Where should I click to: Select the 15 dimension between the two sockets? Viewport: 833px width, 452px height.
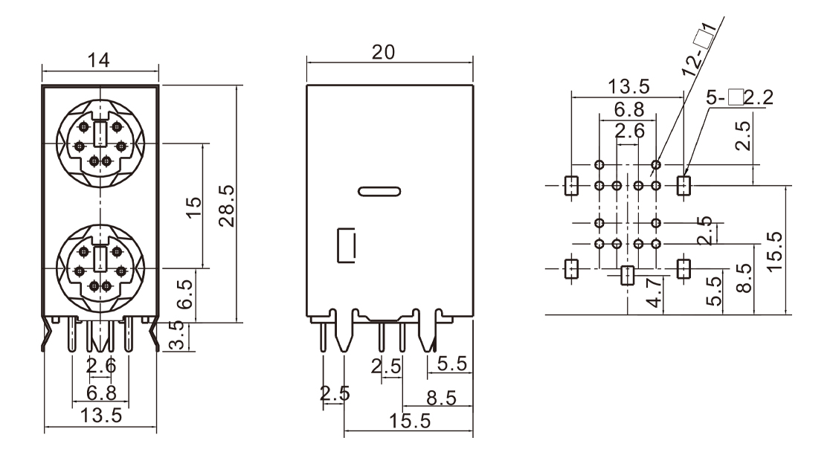pos(193,205)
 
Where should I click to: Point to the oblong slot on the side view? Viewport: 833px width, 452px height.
pos(379,191)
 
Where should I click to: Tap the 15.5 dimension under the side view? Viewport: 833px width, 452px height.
pos(408,420)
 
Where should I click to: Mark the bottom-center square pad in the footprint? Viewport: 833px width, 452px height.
pos(627,275)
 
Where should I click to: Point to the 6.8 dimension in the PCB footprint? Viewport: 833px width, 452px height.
pos(627,109)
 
